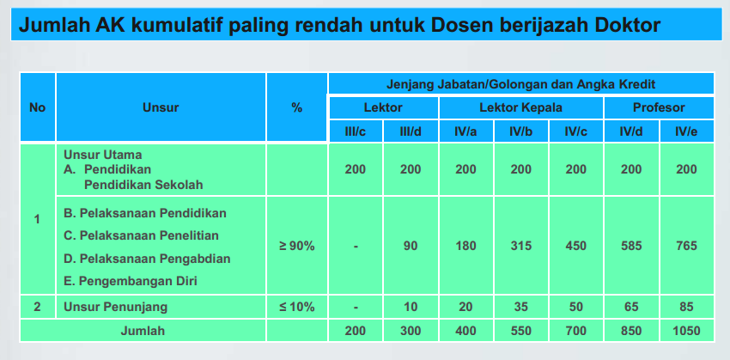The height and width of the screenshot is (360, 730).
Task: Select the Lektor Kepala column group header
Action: pyautogui.click(x=521, y=107)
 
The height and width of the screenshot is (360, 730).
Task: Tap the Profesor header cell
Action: pyautogui.click(x=659, y=107)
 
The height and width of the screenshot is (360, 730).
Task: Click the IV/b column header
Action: pyautogui.click(x=521, y=131)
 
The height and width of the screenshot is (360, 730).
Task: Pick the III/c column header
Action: pyautogui.click(x=356, y=131)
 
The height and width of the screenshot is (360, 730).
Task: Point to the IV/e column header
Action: pyautogui.click(x=687, y=131)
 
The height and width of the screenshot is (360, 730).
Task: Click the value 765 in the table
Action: pyautogui.click(x=687, y=246)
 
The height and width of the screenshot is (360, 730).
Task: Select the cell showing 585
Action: pyautogui.click(x=631, y=246)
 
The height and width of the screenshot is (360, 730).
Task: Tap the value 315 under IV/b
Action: pyautogui.click(x=521, y=246)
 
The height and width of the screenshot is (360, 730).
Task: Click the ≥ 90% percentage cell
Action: pyautogui.click(x=296, y=246)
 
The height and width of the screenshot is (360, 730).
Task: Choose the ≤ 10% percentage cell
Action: pyautogui.click(x=296, y=307)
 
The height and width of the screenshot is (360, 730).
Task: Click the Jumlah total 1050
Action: pyautogui.click(x=687, y=331)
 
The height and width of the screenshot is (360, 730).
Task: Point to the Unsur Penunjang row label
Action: pyautogui.click(x=115, y=307)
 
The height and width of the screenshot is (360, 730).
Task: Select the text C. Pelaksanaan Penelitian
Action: pyautogui.click(x=141, y=235)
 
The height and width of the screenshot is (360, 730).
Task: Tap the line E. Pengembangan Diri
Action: pyautogui.click(x=131, y=281)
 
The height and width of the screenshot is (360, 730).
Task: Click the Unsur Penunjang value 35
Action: pyautogui.click(x=521, y=307)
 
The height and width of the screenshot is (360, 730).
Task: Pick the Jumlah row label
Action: pyautogui.click(x=143, y=331)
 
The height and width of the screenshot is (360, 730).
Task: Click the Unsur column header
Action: pyautogui.click(x=161, y=107)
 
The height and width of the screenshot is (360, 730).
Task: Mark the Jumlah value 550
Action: pyautogui.click(x=521, y=331)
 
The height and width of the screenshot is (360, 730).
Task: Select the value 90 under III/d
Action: pyautogui.click(x=411, y=246)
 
